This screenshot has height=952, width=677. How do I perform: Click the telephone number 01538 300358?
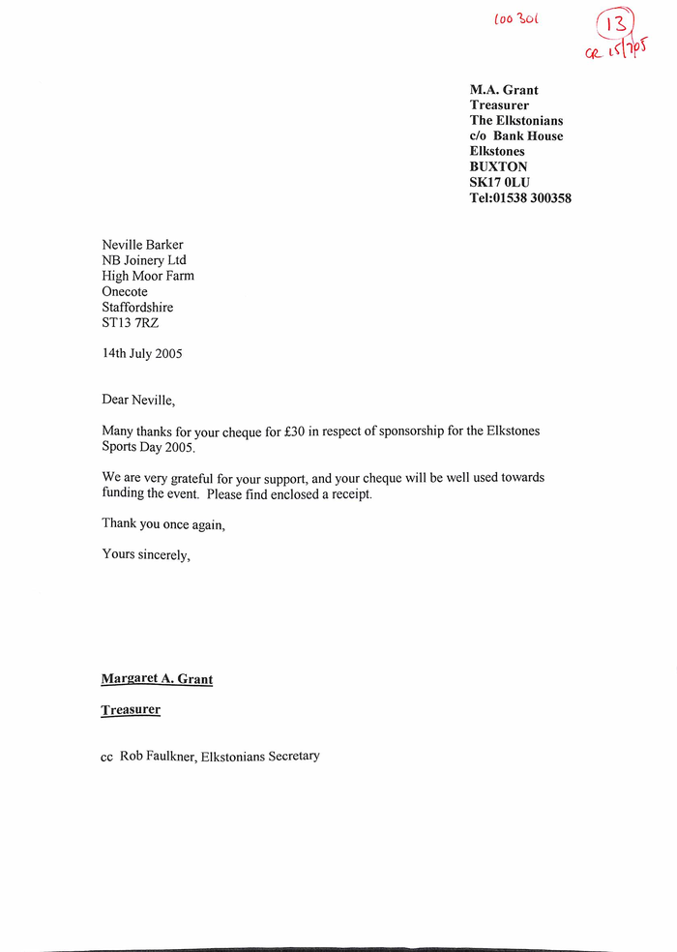pyautogui.click(x=533, y=198)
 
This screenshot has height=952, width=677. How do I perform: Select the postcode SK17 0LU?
pyautogui.click(x=500, y=183)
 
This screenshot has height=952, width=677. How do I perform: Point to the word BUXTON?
pyautogui.click(x=499, y=167)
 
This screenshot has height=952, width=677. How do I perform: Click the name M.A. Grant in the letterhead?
pyautogui.click(x=504, y=90)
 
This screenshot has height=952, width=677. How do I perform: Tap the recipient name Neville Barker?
pyautogui.click(x=142, y=245)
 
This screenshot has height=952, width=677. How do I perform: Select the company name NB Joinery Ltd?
pyautogui.click(x=144, y=260)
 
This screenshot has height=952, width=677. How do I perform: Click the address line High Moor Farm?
pyautogui.click(x=148, y=276)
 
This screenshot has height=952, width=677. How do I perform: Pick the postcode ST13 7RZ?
pyautogui.click(x=131, y=322)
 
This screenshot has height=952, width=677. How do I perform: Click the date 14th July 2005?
pyautogui.click(x=142, y=353)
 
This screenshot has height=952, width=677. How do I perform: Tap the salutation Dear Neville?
pyautogui.click(x=139, y=400)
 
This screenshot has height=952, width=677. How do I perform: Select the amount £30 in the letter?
pyautogui.click(x=290, y=431)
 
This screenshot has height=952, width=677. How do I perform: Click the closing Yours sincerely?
pyautogui.click(x=146, y=555)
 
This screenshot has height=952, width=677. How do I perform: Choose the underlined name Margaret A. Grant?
pyautogui.click(x=157, y=679)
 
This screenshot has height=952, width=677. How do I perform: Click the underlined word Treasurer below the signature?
pyautogui.click(x=131, y=710)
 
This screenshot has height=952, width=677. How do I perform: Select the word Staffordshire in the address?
pyautogui.click(x=137, y=307)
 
